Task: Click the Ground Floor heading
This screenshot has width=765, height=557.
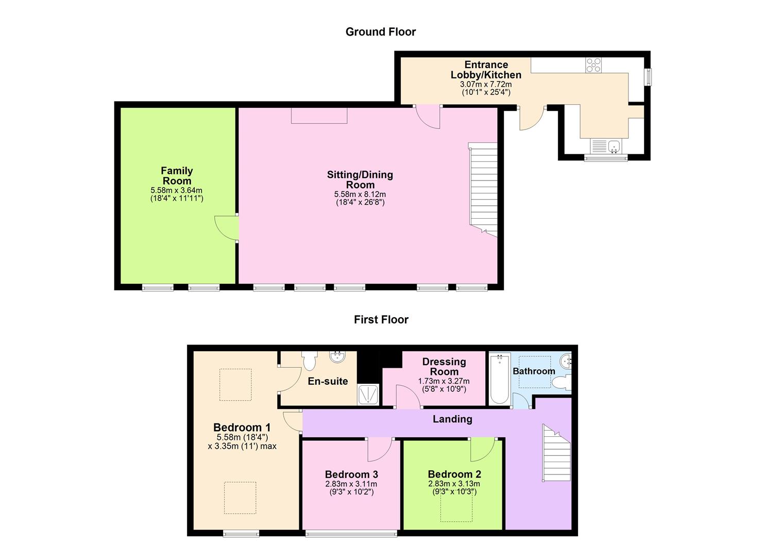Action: (x=380, y=32)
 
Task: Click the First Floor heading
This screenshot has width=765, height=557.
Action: (x=381, y=320)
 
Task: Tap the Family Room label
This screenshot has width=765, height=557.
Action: (x=177, y=176)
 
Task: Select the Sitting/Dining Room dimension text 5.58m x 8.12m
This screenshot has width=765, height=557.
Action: (x=360, y=194)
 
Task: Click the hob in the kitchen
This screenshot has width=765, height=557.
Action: (x=593, y=65)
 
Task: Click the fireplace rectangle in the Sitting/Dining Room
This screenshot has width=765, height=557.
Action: (x=319, y=116)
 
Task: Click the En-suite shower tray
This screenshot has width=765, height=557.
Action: (x=369, y=395)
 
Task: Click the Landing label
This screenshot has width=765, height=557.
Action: (x=452, y=419)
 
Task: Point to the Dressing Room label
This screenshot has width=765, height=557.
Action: (x=444, y=367)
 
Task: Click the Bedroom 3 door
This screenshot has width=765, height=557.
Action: (x=380, y=450)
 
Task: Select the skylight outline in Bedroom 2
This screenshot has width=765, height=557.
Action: (x=456, y=508)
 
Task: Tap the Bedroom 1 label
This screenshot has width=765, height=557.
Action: (x=242, y=428)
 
